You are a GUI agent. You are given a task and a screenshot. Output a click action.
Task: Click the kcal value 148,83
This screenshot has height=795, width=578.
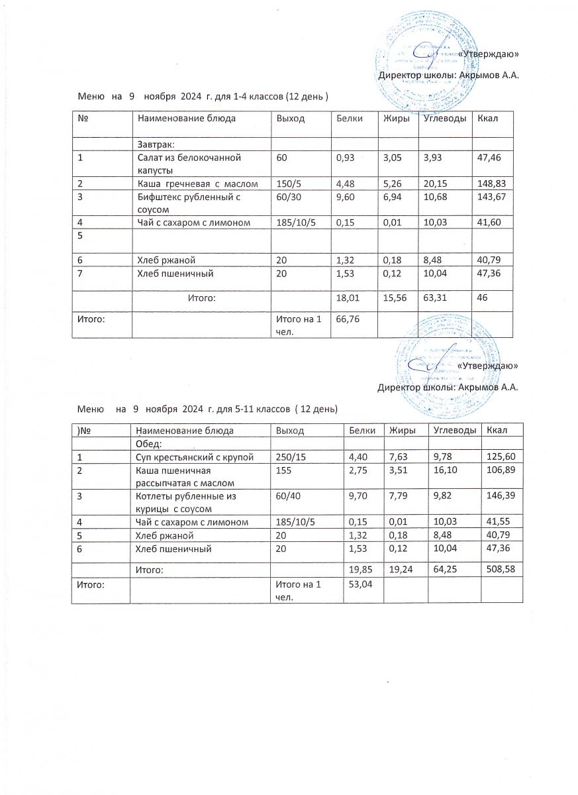(x=491, y=184)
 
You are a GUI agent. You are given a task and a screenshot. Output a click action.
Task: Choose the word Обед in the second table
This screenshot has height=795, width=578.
(x=149, y=444)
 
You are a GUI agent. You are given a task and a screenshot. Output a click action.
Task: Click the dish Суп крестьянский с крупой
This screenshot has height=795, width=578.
(x=195, y=458)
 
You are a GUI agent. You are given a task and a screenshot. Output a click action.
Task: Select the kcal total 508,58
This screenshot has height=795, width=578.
(x=501, y=569)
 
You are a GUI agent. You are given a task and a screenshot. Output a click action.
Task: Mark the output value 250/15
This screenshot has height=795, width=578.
(x=289, y=458)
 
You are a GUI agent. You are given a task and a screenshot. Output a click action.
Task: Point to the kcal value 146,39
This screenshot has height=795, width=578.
(x=501, y=496)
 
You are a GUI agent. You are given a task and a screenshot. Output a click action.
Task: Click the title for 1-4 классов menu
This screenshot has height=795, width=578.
(x=203, y=97)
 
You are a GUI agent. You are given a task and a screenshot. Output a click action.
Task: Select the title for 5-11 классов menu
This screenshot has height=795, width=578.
(x=208, y=409)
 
